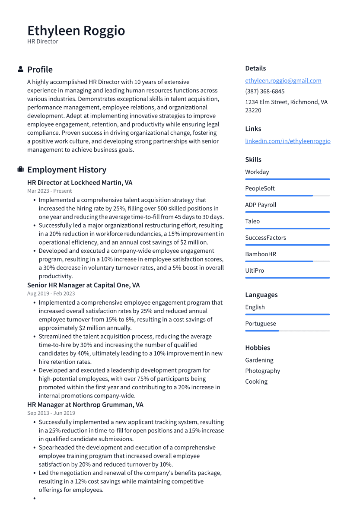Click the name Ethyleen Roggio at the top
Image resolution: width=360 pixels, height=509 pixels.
point(76,31)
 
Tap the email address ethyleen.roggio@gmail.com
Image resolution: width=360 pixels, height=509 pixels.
point(283,80)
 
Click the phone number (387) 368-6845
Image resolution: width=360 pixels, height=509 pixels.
point(264,91)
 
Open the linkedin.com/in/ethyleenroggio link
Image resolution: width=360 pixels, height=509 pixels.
point(287,141)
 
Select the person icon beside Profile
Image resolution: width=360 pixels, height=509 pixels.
point(20,69)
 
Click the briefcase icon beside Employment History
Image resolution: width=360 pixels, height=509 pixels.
point(20,169)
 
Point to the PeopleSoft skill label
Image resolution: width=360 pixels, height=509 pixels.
point(260,188)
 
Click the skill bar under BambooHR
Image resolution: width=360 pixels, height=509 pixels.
point(287,261)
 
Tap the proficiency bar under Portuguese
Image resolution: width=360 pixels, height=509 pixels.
point(287,331)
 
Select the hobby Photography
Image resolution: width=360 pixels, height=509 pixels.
point(262,371)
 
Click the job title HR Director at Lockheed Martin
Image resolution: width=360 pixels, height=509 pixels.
point(80,182)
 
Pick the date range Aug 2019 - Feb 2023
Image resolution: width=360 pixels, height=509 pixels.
point(51,293)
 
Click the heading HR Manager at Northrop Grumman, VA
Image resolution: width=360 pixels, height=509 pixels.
point(85,405)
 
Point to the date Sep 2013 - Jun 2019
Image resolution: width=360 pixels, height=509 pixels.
point(51,413)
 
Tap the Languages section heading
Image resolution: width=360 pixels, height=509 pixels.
point(261,295)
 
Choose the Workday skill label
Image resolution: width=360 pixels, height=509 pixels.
point(257,172)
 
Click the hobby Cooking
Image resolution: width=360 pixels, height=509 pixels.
point(256,382)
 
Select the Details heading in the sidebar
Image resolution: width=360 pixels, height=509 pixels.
point(255,68)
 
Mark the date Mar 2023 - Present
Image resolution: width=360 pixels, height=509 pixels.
point(49,191)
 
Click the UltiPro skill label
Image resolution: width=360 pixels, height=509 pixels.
point(255,270)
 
